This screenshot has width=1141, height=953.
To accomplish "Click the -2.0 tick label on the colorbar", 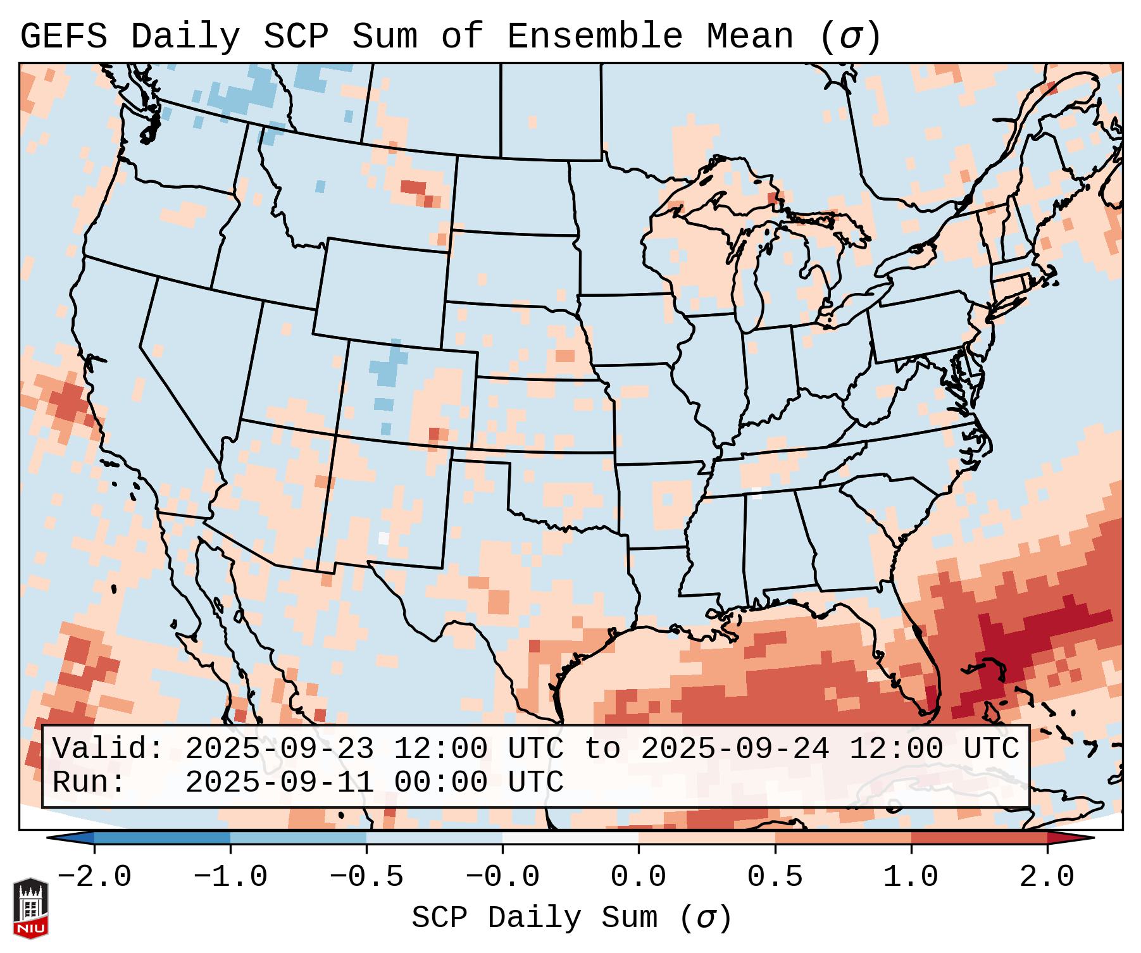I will (94, 877).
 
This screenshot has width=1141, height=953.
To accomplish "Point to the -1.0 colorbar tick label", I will (230, 877).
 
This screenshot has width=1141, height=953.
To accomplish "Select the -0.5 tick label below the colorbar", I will (366, 877).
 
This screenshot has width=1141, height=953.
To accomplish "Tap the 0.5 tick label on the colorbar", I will (775, 877).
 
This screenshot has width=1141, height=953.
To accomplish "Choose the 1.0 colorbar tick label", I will (911, 877).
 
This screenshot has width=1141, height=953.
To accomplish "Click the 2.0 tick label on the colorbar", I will (1047, 877).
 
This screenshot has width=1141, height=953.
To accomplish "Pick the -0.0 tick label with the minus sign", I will (502, 877).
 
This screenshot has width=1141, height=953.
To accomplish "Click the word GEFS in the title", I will (64, 37).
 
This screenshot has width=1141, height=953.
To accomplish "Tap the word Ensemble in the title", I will (594, 37).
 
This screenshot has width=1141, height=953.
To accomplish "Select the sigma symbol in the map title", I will (850, 37).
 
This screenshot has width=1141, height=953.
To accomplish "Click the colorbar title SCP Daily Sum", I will (534, 918).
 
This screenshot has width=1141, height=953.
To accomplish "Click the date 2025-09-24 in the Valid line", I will (735, 749).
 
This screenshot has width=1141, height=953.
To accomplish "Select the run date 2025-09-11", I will (279, 782).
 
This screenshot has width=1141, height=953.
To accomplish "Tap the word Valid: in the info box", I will (108, 749).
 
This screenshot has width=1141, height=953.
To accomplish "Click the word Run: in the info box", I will (89, 782).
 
